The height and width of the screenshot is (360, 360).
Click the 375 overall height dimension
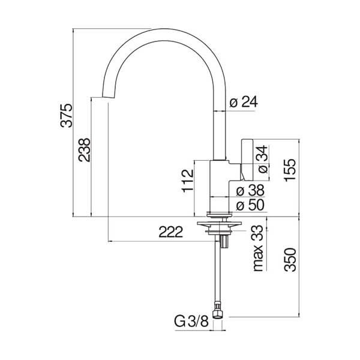click(x=67, y=115)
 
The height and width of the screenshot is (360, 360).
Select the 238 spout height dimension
click(x=84, y=150)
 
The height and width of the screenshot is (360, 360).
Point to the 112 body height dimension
click(x=188, y=181)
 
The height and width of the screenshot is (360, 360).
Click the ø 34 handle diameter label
click(x=262, y=160)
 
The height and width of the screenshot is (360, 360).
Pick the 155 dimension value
click(x=290, y=170)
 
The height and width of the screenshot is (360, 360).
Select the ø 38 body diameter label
click(x=250, y=191)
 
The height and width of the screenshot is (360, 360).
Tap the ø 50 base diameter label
click(x=250, y=205)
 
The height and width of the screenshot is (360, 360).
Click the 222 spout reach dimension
click(x=171, y=232)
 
